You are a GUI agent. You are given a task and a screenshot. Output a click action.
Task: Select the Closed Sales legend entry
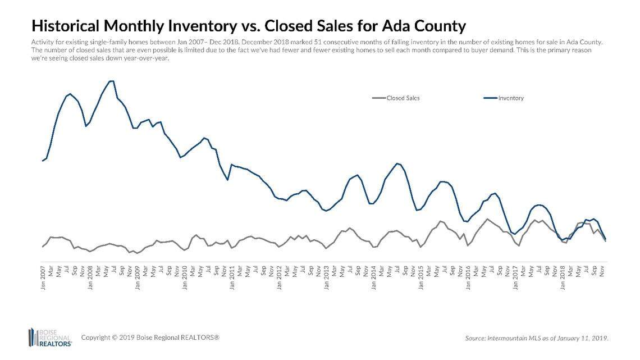[x=403, y=98]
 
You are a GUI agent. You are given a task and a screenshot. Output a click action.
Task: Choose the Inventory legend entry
[x=510, y=98]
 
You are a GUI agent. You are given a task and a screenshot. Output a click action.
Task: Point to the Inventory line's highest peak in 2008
[x=112, y=81]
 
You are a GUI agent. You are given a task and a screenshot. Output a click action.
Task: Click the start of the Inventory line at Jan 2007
[x=43, y=161]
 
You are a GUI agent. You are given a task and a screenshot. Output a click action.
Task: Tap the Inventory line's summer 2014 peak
[x=397, y=163]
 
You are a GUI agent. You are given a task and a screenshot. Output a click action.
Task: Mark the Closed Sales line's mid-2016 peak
[x=487, y=219]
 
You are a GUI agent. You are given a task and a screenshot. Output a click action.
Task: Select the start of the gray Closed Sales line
[x=43, y=247]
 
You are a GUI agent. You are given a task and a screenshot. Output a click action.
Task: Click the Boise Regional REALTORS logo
[x=50, y=337]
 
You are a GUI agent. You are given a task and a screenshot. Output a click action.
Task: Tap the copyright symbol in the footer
[x=114, y=338]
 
